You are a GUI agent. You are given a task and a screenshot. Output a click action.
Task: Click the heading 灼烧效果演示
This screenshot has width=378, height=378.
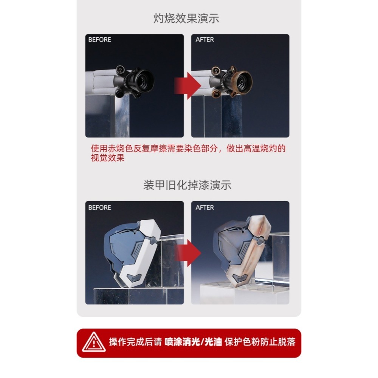click(186, 19)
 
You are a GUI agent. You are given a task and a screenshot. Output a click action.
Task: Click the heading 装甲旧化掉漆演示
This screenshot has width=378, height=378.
click(187, 185)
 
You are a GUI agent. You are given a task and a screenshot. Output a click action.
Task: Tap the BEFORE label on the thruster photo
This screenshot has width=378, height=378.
click(99, 40)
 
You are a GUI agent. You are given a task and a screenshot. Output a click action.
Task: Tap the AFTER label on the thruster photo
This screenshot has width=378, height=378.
click(204, 40)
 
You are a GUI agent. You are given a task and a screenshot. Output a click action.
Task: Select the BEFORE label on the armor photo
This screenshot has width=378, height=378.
click(99, 208)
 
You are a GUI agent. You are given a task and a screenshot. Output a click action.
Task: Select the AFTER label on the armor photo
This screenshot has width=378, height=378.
click(204, 208)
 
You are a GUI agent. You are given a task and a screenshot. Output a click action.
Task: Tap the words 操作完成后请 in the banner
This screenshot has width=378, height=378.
click(135, 342)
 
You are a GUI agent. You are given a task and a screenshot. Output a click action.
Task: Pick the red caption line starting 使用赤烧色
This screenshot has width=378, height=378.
click(188, 149)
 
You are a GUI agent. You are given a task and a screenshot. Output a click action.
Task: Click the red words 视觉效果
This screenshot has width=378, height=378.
click(108, 158)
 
